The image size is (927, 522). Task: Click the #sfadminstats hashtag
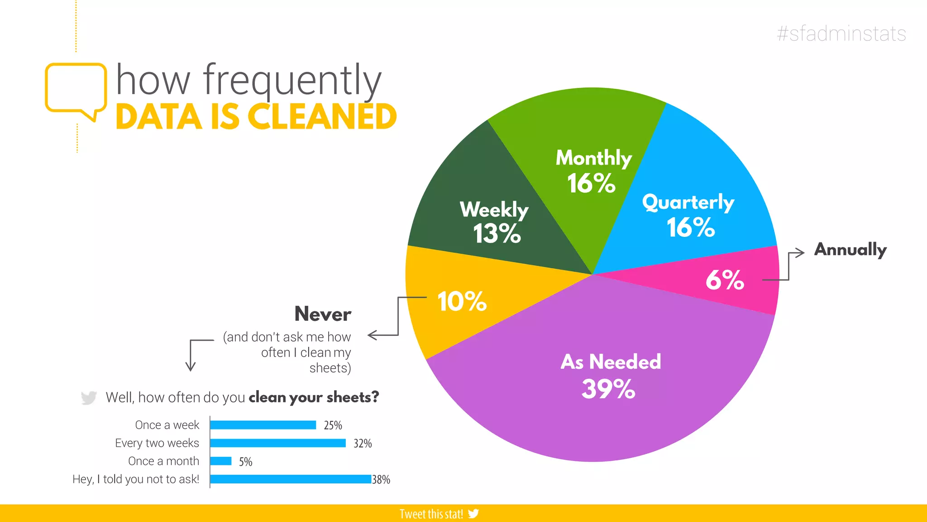[841, 34]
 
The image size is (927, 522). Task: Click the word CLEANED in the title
[323, 117]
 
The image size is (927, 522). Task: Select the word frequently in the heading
[292, 81]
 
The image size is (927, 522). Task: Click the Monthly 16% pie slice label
[593, 171]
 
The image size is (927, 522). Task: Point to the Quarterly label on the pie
[688, 202]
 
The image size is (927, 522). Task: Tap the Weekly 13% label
[494, 222]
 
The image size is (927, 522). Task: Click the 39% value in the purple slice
[608, 389]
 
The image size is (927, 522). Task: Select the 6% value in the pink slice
[724, 280]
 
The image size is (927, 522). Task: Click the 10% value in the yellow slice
[462, 301]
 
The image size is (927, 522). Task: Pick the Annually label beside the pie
[850, 249]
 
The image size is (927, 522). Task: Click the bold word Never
[323, 314]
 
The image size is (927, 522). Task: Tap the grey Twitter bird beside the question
[89, 397]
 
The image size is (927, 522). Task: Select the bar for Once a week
[263, 425]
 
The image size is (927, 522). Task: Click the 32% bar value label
[363, 443]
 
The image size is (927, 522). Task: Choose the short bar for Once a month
[221, 461]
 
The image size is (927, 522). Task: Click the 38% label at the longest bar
[381, 479]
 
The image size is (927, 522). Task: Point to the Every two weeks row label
[157, 443]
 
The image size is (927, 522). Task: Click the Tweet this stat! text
[431, 514]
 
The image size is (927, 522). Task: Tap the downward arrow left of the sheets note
[191, 358]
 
